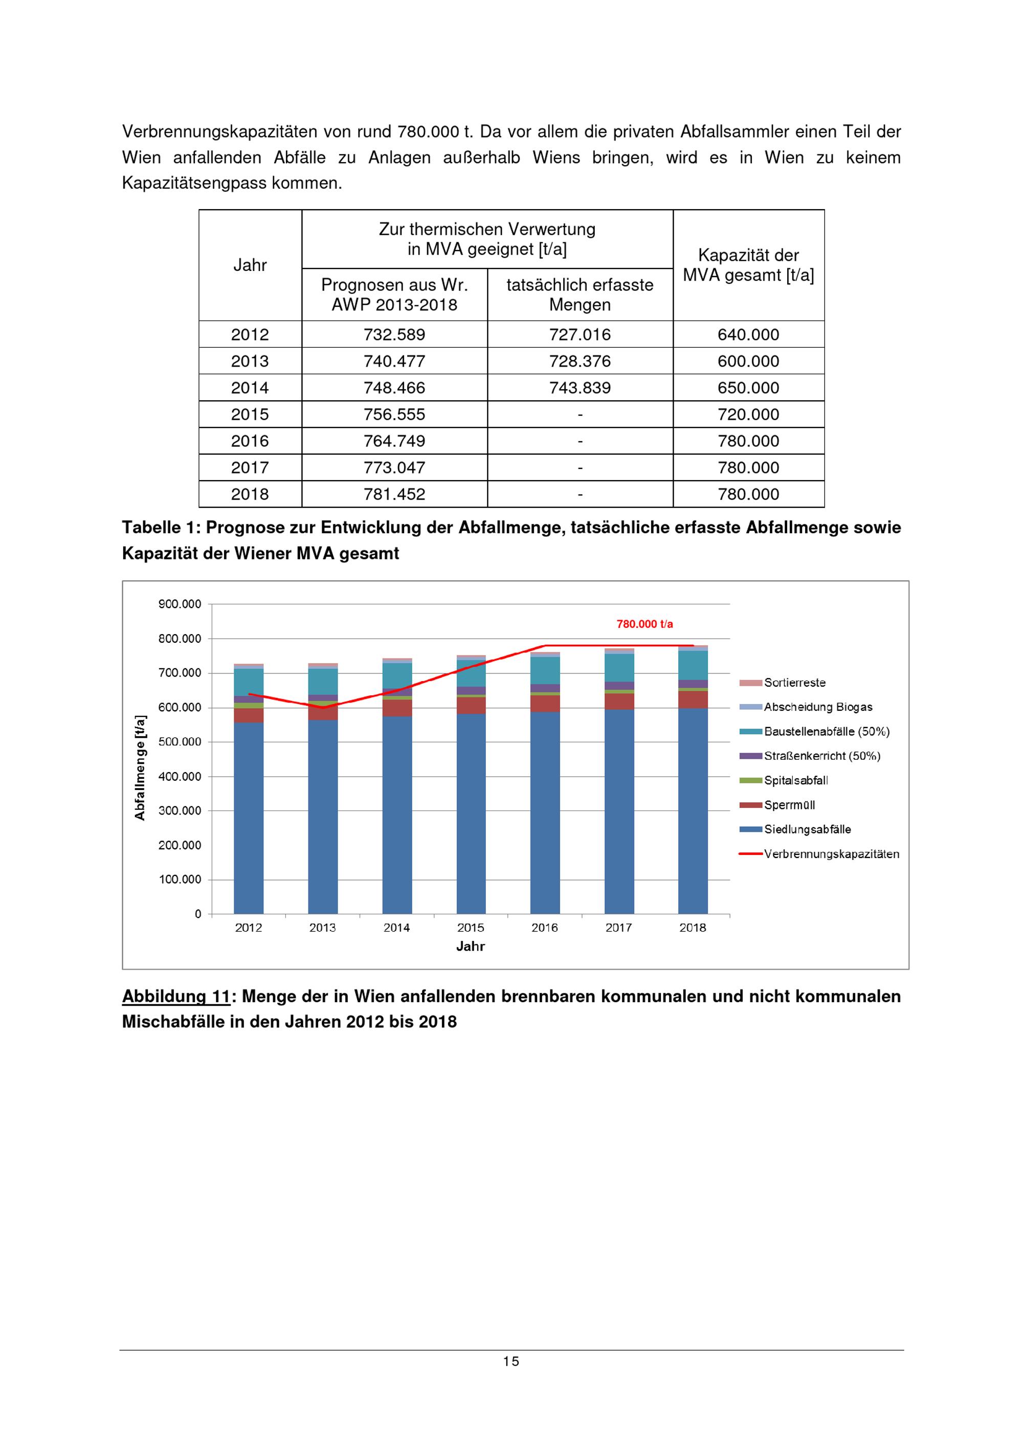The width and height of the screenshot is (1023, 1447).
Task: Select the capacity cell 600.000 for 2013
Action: (748, 361)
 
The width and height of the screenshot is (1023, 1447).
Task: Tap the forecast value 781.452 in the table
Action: (394, 494)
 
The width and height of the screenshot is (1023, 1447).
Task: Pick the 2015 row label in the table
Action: (250, 415)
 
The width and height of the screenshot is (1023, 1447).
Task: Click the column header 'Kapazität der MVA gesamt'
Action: (748, 265)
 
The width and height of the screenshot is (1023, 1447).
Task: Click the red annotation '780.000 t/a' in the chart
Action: (644, 624)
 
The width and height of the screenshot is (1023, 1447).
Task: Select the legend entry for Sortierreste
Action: (794, 683)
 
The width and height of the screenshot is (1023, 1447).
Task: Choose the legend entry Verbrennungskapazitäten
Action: (831, 854)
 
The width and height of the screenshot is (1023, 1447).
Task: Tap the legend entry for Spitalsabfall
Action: (795, 780)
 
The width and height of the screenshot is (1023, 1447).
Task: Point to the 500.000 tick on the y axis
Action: (180, 742)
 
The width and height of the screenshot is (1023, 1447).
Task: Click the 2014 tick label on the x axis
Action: (396, 928)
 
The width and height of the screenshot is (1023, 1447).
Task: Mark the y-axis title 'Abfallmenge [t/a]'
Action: (140, 767)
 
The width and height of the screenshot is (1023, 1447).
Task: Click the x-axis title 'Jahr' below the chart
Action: (470, 946)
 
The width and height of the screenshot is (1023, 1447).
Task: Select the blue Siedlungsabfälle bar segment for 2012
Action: (249, 819)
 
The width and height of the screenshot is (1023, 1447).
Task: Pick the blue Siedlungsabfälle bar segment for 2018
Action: (693, 813)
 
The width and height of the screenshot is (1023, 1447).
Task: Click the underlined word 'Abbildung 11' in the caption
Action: (175, 997)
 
